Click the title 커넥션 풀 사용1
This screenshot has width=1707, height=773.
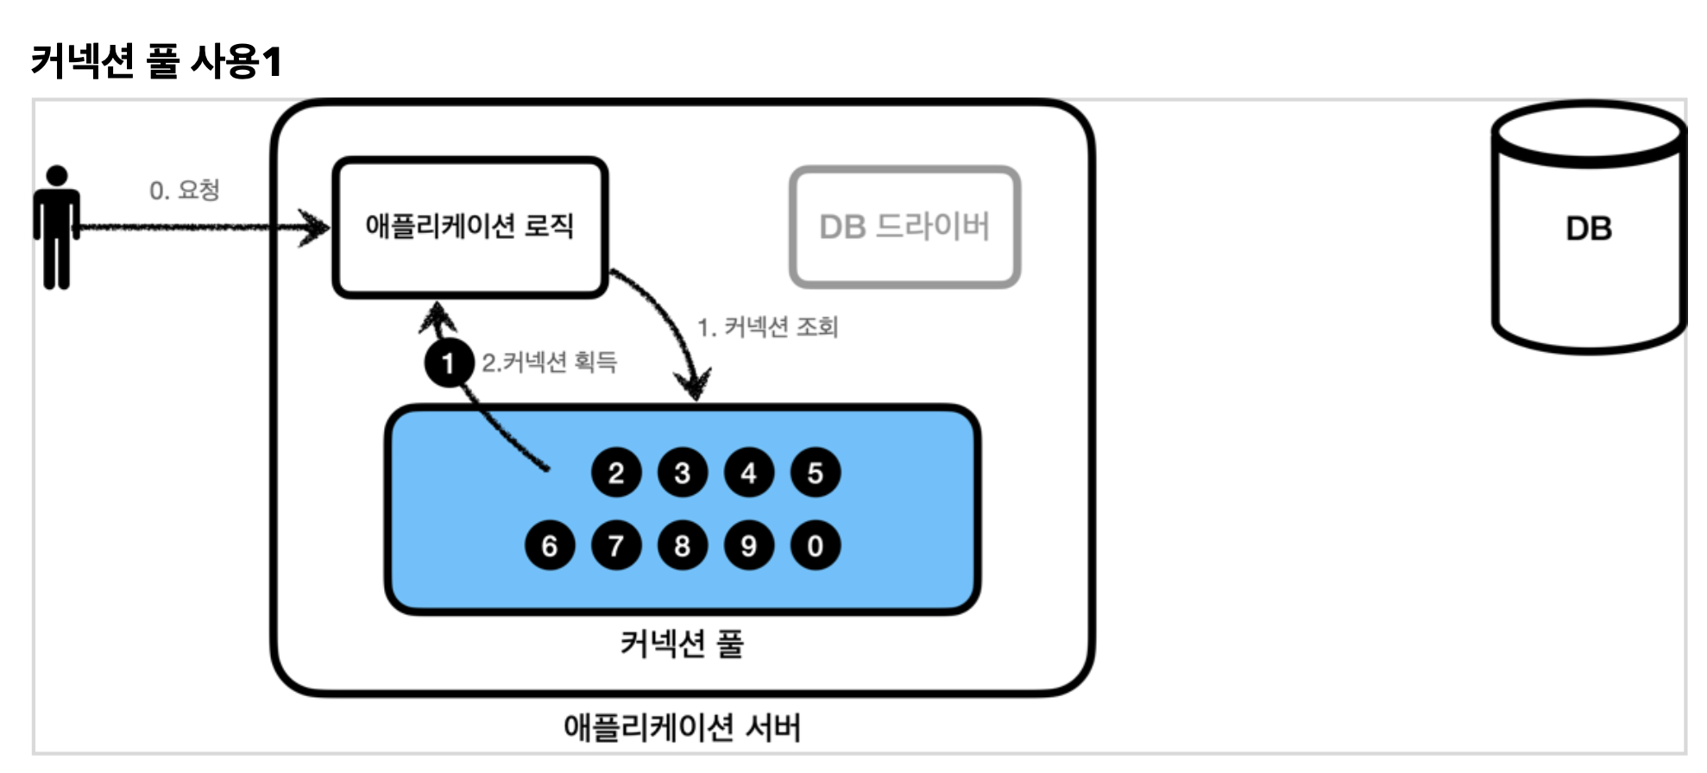[x=156, y=61]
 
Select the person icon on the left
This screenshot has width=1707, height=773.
[x=57, y=227]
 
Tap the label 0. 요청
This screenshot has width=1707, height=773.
[x=185, y=190]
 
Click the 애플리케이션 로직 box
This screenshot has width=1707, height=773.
[x=470, y=227]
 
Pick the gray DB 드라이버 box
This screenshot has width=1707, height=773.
[x=904, y=227]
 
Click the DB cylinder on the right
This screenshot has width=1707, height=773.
[x=1588, y=229]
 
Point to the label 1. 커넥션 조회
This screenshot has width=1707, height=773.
[x=768, y=327]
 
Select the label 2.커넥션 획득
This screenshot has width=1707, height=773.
[x=550, y=362]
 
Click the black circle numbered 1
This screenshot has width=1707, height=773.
[x=449, y=363]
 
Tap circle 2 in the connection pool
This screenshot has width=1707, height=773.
[x=616, y=473]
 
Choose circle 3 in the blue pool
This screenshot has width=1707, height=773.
[x=683, y=473]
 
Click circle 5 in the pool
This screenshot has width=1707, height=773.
[x=816, y=473]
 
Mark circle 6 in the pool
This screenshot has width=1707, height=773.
[x=550, y=545]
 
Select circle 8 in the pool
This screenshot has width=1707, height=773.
[x=683, y=545]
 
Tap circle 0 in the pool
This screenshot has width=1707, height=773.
[x=816, y=545]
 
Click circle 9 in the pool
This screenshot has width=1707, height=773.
[x=749, y=545]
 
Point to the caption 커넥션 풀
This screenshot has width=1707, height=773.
[x=682, y=644]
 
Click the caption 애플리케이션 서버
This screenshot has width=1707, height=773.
[x=682, y=727]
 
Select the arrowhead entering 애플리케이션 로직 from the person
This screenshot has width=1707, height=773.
[x=316, y=228]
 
